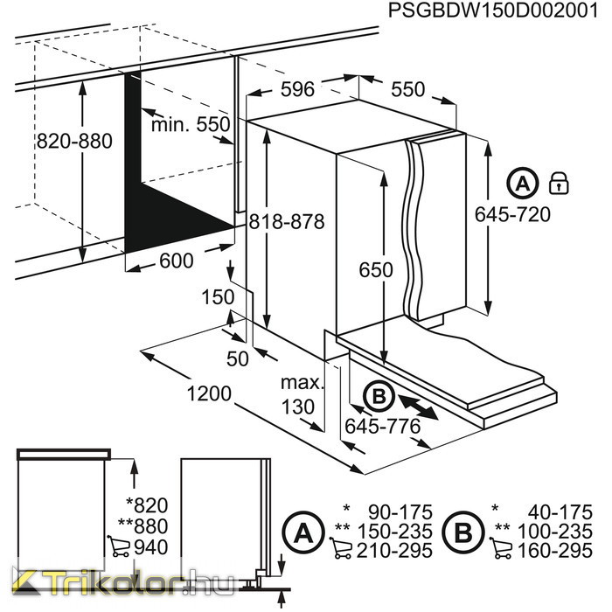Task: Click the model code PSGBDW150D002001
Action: click(493, 10)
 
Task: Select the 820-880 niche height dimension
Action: click(74, 141)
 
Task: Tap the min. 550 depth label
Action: click(191, 124)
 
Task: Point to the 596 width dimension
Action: click(297, 89)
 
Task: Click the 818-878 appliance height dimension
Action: click(287, 221)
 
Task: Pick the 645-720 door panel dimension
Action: click(512, 214)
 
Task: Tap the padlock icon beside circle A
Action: click(559, 183)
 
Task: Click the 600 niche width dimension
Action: click(177, 261)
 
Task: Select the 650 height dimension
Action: click(376, 269)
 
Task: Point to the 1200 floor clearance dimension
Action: click(209, 393)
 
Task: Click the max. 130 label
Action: click(303, 394)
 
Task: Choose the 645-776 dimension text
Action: click(383, 427)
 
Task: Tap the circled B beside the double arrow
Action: click(379, 397)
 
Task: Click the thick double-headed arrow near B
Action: click(418, 407)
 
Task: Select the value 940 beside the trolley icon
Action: click(150, 547)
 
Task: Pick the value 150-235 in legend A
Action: click(395, 531)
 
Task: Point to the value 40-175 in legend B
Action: click(560, 511)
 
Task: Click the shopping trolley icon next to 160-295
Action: click(501, 548)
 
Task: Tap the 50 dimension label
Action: click(237, 358)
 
